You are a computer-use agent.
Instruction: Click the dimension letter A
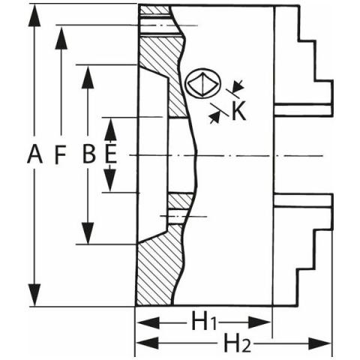[x=34, y=155]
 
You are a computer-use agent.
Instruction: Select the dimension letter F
[x=60, y=155]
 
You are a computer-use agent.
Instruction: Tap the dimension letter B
[x=88, y=154]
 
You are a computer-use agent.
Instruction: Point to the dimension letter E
[x=110, y=154]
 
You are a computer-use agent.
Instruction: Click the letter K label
[x=238, y=111]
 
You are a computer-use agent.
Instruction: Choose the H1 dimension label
[x=203, y=321]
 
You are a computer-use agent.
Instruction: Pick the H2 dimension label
[x=237, y=343]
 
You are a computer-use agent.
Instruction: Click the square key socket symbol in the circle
[x=203, y=83]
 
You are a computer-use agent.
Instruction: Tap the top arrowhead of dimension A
[x=34, y=16]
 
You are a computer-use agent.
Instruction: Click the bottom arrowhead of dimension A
[x=34, y=295]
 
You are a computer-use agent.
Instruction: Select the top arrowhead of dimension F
[x=61, y=38]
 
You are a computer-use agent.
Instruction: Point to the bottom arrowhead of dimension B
[x=88, y=233]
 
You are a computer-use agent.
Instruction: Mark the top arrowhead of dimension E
[x=110, y=129]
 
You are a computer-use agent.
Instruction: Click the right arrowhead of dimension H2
[x=319, y=343]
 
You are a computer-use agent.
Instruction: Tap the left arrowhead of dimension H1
[x=148, y=322]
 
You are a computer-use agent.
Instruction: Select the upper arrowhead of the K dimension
[x=238, y=85]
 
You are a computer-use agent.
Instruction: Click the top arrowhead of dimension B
[x=88, y=77]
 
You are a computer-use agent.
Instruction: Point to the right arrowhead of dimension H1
[x=259, y=322]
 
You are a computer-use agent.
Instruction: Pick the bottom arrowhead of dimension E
[x=110, y=180]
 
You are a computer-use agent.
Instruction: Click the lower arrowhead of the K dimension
[x=214, y=117]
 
